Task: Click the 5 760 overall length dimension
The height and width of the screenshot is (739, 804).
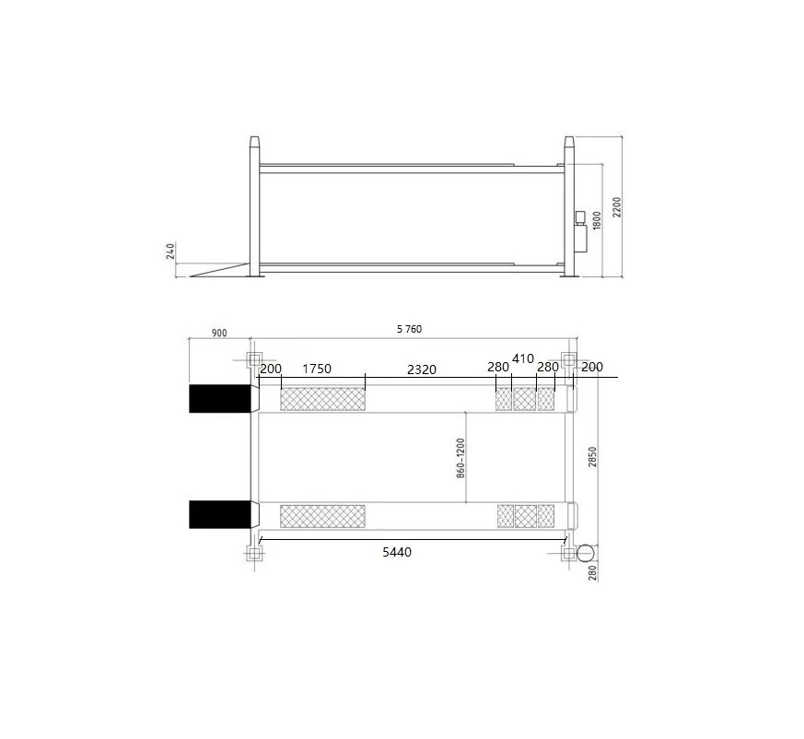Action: [x=409, y=329]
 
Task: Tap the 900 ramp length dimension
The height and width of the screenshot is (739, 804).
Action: [x=219, y=333]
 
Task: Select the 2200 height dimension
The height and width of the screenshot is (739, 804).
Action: [x=616, y=206]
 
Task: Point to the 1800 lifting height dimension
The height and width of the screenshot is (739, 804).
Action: [x=597, y=220]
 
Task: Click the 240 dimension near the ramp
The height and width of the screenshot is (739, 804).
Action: [x=170, y=251]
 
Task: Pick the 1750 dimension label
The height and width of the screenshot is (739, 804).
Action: [x=317, y=369]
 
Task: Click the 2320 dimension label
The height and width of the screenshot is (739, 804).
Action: [x=422, y=369]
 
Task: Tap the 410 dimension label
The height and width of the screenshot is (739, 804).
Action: [x=523, y=358]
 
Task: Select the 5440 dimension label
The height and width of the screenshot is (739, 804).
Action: [x=397, y=552]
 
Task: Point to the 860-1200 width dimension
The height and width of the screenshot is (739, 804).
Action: [x=460, y=458]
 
